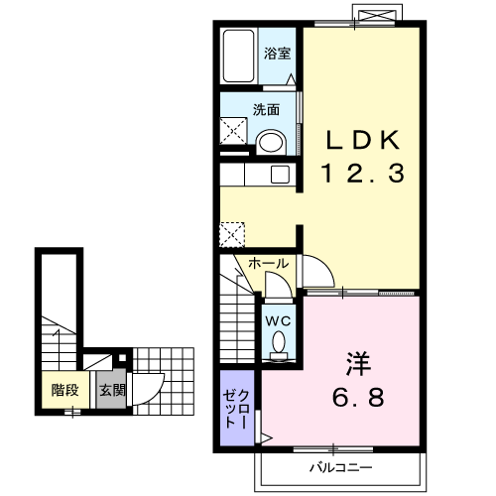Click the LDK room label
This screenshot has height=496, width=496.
click(363, 140)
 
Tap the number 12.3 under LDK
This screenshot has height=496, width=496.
click(363, 173)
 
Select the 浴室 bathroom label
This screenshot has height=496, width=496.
click(277, 54)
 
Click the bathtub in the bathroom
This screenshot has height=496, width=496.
click(239, 57)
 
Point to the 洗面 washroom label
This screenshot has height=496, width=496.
click(266, 109)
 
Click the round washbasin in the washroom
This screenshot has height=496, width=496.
click(271, 143)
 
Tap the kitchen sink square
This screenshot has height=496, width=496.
click(281, 175)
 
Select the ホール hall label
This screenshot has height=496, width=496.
click(269, 264)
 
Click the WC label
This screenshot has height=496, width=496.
click(279, 320)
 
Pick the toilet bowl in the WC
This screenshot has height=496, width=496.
click(279, 342)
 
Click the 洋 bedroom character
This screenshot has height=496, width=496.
click(358, 364)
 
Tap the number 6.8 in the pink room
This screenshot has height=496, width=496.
click(358, 397)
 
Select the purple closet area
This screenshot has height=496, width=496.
click(237, 408)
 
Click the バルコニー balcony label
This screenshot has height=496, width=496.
click(341, 467)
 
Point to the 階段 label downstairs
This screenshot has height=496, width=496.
click(65, 390)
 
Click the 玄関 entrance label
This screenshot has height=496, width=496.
click(113, 390)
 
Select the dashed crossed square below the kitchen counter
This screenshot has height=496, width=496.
click(232, 235)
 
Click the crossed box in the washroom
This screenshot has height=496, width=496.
click(233, 131)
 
